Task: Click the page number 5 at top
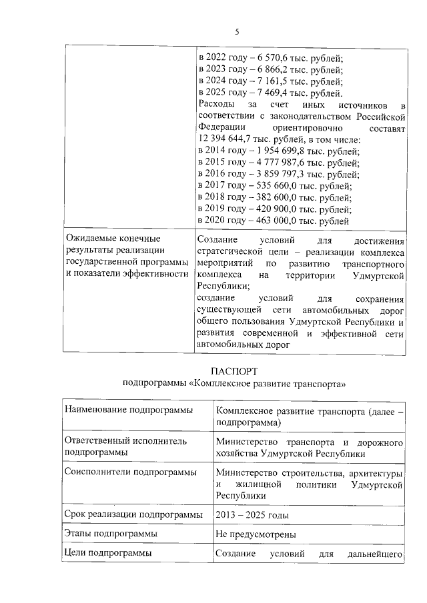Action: pyautogui.click(x=236, y=32)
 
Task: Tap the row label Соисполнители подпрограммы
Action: pyautogui.click(x=129, y=472)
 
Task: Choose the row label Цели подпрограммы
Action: pyautogui.click(x=107, y=552)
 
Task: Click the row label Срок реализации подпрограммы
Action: pyautogui.click(x=133, y=515)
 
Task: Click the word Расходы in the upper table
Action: pyautogui.click(x=216, y=105)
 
